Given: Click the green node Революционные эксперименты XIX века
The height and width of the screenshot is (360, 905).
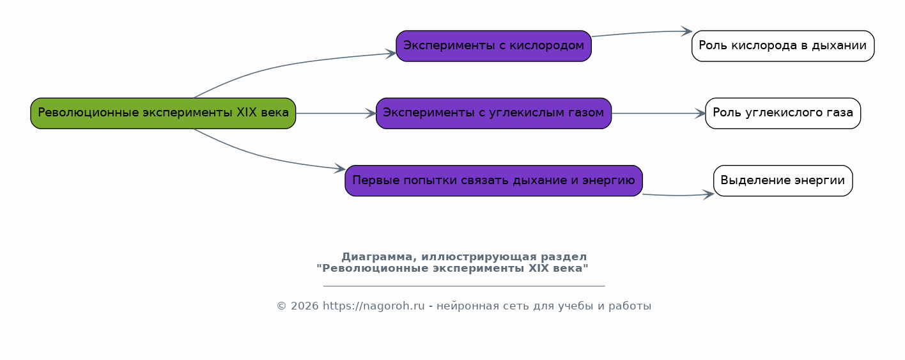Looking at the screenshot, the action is (163, 113).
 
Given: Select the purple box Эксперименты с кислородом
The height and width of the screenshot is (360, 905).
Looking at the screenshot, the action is (493, 46).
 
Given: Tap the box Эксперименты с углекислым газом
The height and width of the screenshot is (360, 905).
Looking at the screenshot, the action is (493, 113).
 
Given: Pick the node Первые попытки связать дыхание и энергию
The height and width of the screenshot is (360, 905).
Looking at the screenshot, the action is (493, 180).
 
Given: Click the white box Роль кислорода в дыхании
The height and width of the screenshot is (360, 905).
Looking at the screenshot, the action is (783, 46).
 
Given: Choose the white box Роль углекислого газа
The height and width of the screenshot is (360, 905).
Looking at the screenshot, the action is (783, 113).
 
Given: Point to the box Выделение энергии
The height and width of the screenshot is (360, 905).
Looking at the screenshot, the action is (783, 180).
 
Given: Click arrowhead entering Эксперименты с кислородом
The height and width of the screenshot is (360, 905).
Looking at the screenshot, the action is (391, 53).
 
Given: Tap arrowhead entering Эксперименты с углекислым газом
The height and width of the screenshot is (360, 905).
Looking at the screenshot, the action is (371, 113).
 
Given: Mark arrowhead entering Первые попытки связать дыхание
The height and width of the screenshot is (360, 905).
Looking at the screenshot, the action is (340, 169).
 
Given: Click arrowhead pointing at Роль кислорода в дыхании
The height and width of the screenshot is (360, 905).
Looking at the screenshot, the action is (687, 31).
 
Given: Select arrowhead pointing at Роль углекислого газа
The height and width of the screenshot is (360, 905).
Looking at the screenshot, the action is (700, 113).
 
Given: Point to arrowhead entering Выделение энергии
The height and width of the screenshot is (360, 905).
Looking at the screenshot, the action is (709, 195).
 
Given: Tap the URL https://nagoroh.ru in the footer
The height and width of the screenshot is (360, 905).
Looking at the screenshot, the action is (374, 306).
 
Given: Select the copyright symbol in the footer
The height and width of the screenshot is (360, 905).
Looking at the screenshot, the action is (281, 306).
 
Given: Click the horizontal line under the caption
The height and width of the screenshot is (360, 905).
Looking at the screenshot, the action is (464, 286).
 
